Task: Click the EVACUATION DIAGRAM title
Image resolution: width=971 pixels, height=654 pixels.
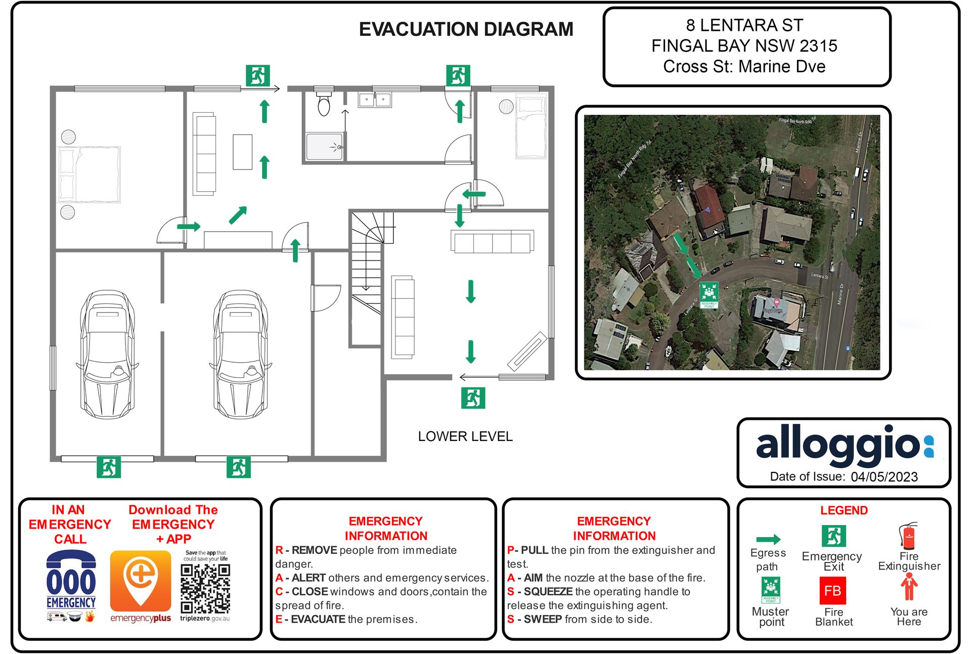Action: (466, 29)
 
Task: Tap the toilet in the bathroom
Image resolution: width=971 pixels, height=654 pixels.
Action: (324, 104)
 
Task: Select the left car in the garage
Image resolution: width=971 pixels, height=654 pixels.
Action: (107, 354)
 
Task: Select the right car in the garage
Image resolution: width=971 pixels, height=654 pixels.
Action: (241, 354)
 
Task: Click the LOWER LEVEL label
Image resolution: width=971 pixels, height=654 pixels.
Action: (465, 437)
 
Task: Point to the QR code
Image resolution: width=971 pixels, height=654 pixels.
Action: (205, 588)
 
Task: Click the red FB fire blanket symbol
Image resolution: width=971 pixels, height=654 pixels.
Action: (832, 591)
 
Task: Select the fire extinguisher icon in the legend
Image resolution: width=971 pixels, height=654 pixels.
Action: (908, 537)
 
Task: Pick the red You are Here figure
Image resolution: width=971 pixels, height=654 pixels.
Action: (909, 587)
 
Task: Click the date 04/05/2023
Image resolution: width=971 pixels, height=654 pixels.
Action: (884, 477)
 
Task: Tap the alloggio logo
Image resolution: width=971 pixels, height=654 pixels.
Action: (844, 445)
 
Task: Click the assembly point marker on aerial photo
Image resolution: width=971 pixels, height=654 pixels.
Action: (709, 294)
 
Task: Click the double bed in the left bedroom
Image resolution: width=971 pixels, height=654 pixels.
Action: (90, 175)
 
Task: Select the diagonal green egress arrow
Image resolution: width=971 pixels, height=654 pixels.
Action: (238, 215)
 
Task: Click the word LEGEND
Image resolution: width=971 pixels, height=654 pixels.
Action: (844, 510)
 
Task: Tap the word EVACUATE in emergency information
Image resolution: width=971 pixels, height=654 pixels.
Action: (318, 619)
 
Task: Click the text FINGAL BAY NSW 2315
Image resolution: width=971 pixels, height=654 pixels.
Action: (744, 46)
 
